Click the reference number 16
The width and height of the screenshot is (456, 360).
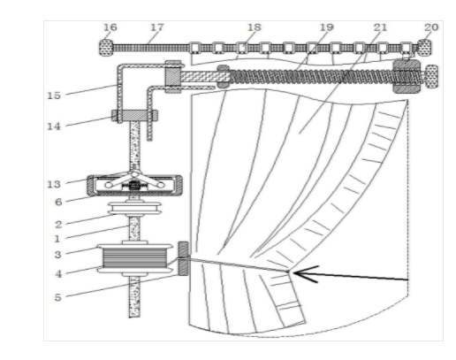coord(110,27)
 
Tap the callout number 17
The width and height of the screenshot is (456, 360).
coord(157,27)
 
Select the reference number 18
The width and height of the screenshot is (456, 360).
coord(255,27)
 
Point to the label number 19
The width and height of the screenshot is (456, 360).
coord(327,27)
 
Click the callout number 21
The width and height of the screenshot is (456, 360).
coord(380,27)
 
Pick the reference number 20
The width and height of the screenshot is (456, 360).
coord(431,27)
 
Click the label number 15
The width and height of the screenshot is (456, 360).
coord(54,96)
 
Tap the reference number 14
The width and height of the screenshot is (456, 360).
coord(54,126)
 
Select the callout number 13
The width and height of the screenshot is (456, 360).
coord(54,184)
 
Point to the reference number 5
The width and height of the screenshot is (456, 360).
coord(58,297)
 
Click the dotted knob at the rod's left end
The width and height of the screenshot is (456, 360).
coord(106,47)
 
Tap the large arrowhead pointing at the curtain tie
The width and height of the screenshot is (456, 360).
coord(306,274)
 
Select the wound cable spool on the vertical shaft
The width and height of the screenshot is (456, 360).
coord(135,258)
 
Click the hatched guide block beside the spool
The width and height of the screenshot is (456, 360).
coord(183,258)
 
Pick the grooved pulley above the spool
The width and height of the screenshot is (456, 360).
coord(135,209)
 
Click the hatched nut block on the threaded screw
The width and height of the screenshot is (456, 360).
coord(407,76)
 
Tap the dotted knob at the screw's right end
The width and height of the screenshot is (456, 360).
coord(431,76)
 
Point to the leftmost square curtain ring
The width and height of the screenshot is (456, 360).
coord(194,48)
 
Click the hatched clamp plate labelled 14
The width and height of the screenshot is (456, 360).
coord(134,115)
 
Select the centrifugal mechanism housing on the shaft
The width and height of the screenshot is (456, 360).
coord(134,185)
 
